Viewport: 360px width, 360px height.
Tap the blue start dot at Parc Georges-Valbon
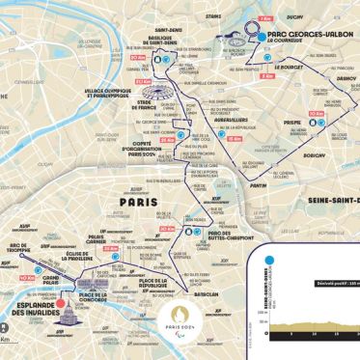pos(261,35)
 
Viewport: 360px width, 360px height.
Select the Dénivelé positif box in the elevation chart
pos(304,257)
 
